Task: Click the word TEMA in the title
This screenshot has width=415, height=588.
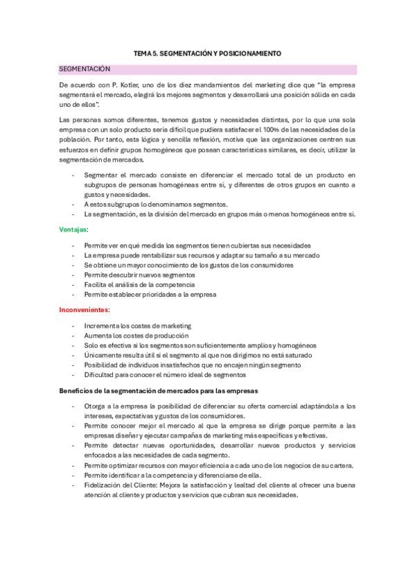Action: [x=141, y=53]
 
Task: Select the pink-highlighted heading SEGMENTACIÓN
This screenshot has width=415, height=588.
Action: [x=85, y=69]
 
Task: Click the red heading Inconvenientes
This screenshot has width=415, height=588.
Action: [x=85, y=309]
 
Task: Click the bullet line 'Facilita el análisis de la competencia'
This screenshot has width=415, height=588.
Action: [x=139, y=284]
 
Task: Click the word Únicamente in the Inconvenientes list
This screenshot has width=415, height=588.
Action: [x=101, y=354]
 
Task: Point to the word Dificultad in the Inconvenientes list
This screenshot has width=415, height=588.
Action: [x=98, y=374]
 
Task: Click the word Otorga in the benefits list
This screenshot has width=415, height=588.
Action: [x=95, y=406]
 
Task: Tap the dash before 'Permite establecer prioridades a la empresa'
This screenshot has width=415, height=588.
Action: [x=73, y=294]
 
